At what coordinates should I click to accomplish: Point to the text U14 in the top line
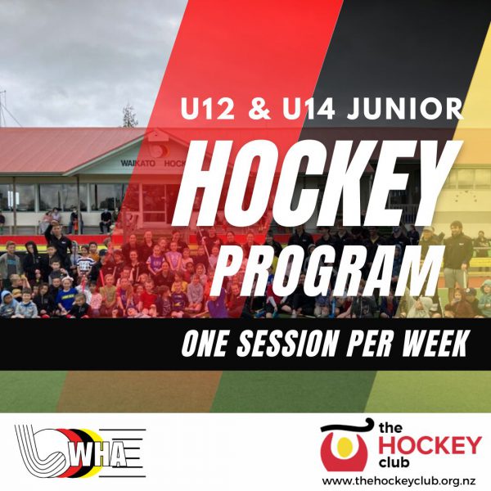tap(309, 108)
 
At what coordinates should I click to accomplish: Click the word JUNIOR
tap(405, 108)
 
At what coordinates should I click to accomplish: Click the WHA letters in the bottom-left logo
tap(99, 458)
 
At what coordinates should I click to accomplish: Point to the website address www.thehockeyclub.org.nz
tap(399, 481)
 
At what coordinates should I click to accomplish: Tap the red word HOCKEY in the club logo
tap(430, 445)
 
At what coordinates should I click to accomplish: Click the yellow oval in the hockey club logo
tap(344, 445)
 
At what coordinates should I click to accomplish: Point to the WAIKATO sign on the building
tap(138, 164)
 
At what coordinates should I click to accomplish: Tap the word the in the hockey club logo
tap(390, 428)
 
